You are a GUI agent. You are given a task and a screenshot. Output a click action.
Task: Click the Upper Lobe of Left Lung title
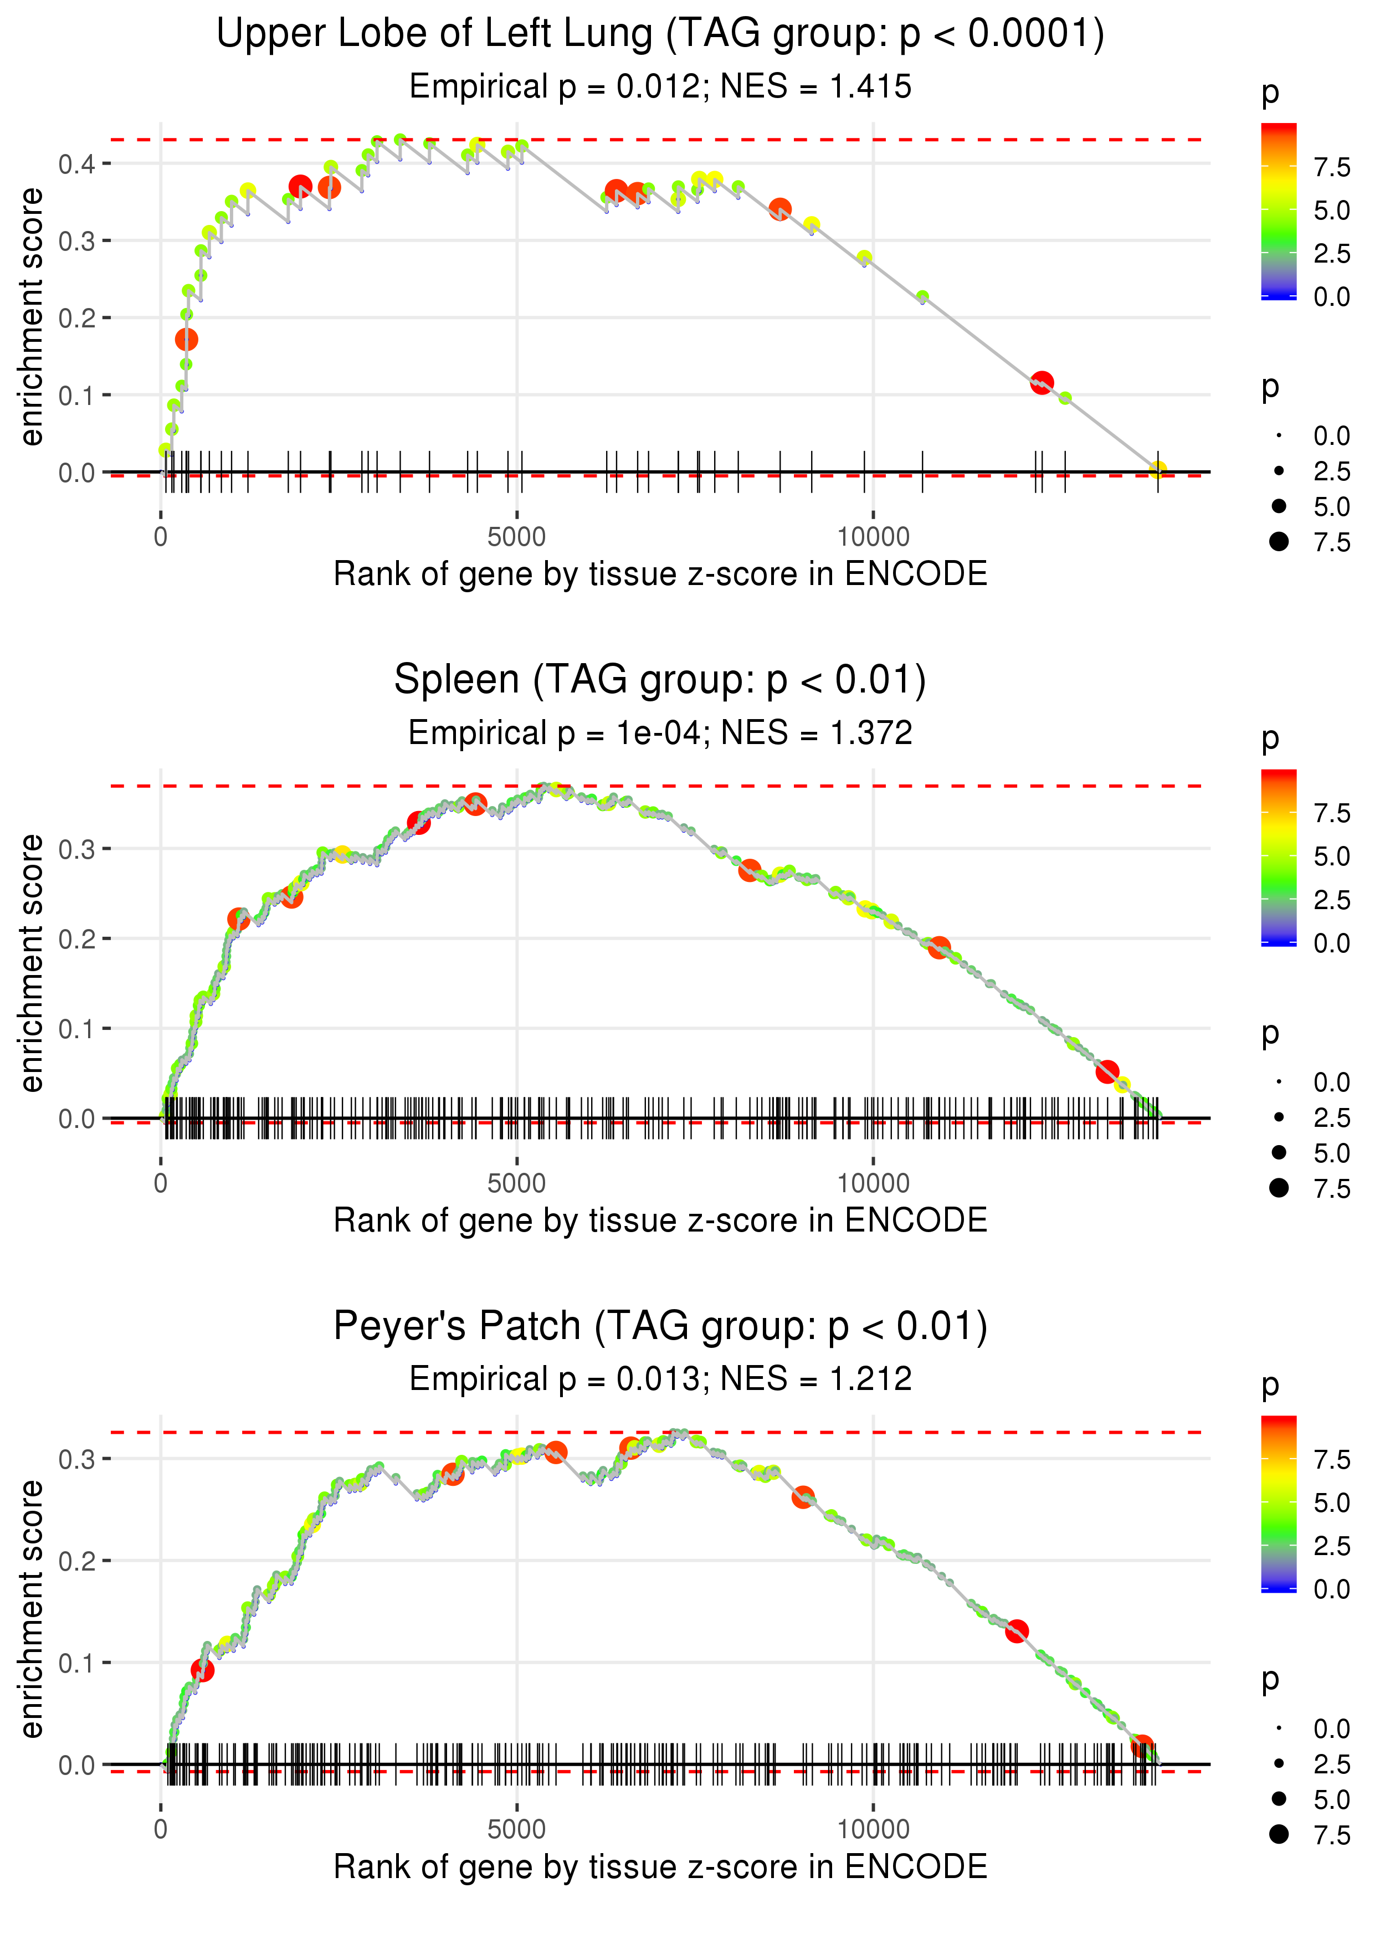660,34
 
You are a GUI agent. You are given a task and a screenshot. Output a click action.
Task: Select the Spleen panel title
660,680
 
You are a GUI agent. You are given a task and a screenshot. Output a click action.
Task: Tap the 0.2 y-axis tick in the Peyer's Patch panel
77,1561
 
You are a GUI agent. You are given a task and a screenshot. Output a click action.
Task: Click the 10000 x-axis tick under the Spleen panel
873,1183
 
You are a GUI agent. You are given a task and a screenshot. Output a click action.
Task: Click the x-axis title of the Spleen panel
660,1220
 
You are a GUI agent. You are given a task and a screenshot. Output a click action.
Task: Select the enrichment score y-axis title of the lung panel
32,317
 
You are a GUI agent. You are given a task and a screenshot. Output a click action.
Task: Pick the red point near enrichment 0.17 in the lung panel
187,340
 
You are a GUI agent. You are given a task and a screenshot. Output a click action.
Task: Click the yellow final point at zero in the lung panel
1157,469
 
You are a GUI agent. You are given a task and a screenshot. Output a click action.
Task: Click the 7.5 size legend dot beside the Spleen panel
1279,1188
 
